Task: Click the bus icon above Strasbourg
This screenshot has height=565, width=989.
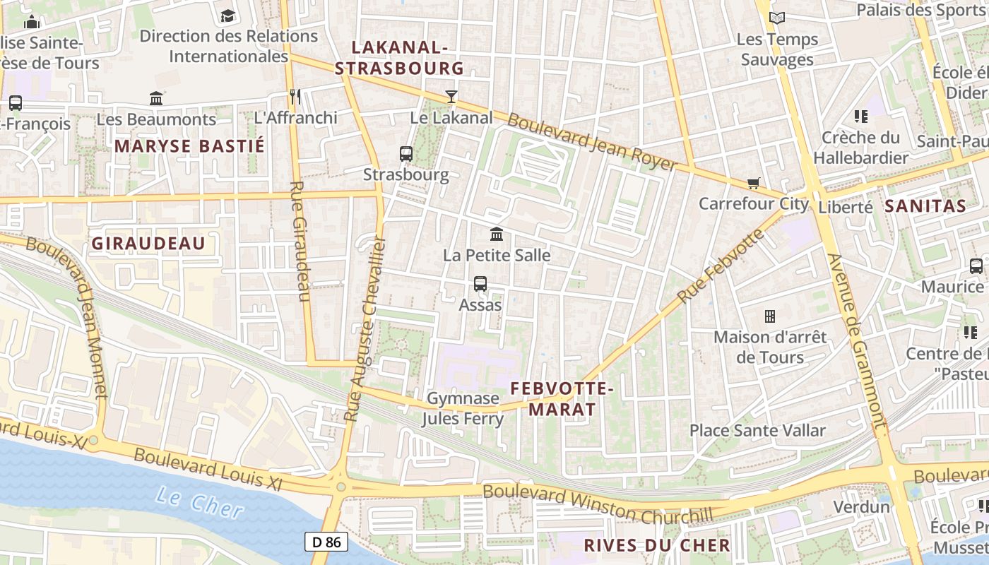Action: coord(406,153)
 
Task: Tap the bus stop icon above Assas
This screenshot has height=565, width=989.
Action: coord(480,284)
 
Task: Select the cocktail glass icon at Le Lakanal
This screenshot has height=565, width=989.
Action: coord(451,97)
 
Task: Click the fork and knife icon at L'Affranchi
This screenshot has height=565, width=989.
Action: coord(295,97)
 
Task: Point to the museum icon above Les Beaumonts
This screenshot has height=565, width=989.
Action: coord(156,98)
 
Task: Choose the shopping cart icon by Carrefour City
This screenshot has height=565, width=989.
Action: coord(754,184)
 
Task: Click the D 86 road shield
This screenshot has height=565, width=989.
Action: coord(326,542)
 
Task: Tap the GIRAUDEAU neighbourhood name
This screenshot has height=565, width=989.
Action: coord(148,244)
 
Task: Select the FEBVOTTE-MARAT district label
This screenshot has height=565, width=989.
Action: coord(562,398)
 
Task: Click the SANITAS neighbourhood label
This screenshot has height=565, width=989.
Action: coord(925,206)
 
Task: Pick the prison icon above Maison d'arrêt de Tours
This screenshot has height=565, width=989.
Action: coord(770,316)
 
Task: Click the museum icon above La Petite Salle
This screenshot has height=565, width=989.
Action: coord(497,234)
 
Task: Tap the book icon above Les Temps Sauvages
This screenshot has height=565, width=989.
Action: coord(777,18)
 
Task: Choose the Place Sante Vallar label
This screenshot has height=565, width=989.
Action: coord(757,430)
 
